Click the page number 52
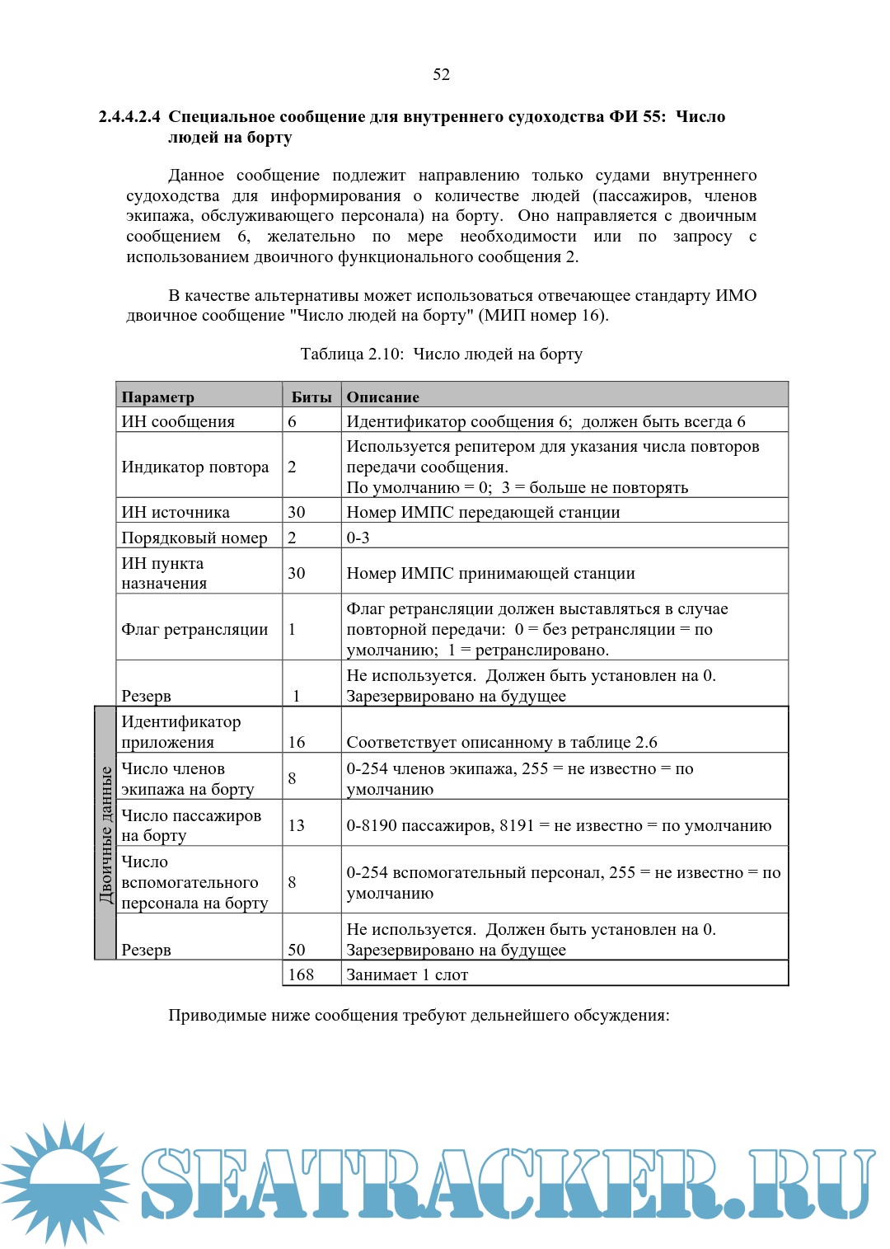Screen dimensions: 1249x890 point(442,74)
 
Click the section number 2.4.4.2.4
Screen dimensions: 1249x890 point(129,116)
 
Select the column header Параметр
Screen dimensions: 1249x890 point(158,397)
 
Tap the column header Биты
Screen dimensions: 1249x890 point(311,397)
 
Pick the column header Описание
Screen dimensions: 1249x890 point(383,397)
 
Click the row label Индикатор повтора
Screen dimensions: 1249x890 point(195,467)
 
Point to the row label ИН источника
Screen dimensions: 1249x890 point(176,512)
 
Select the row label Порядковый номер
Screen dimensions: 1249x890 point(194,538)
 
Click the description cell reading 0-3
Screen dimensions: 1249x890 point(358,538)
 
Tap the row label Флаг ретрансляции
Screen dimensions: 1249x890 point(195,629)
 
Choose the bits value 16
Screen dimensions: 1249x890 point(297,742)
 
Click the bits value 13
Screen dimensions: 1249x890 point(297,825)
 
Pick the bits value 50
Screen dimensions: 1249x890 point(297,950)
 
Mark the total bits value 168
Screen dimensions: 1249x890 point(301,974)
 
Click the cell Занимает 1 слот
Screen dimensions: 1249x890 point(407,974)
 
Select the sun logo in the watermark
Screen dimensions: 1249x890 point(64,1183)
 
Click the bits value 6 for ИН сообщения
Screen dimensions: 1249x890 point(292,421)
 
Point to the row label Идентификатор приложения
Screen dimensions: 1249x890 point(181,731)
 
